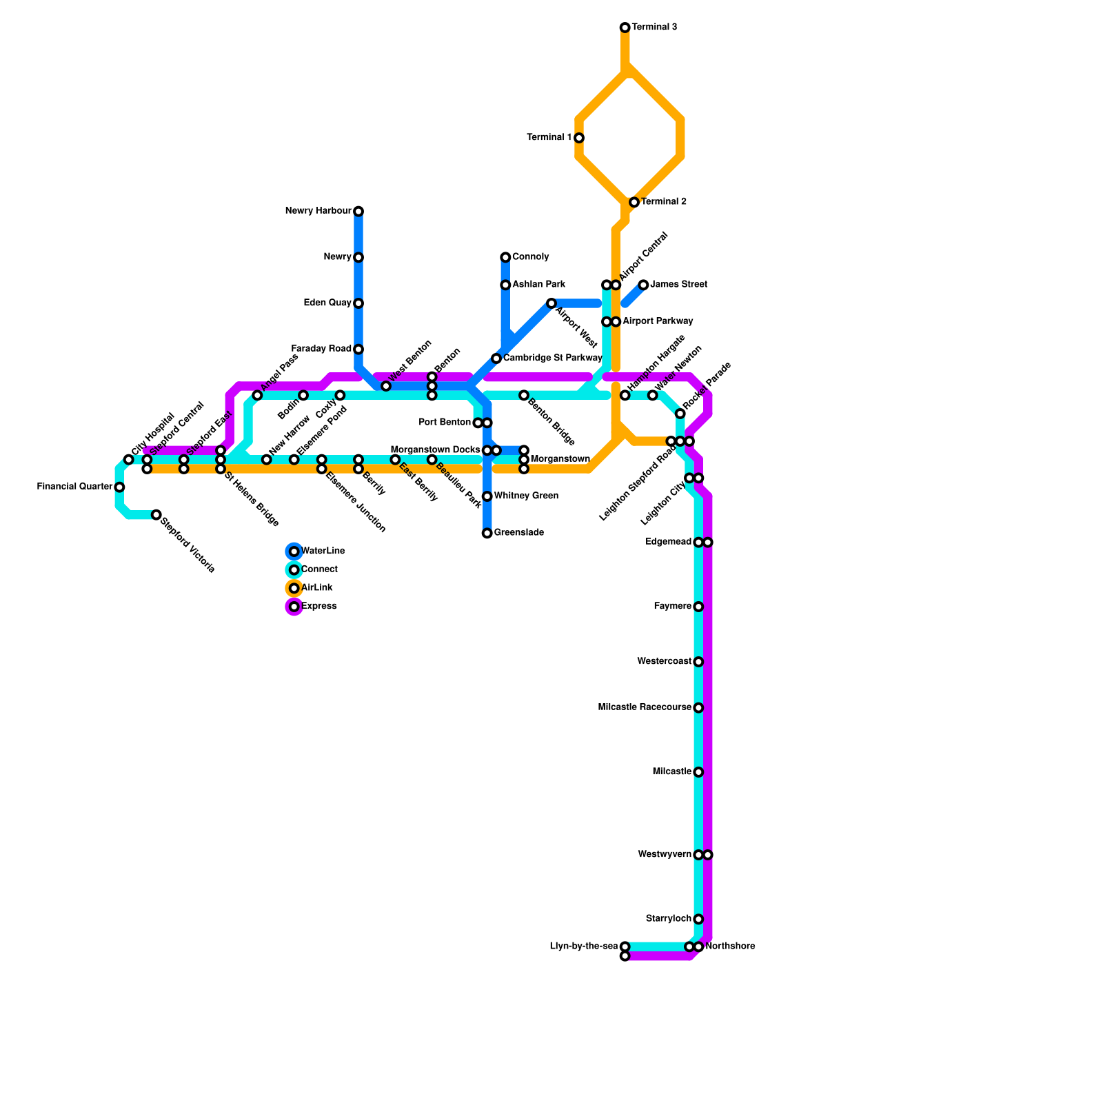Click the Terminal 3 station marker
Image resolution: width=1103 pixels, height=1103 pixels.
pos(625,28)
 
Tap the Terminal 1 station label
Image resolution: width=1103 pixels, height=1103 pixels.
pos(549,138)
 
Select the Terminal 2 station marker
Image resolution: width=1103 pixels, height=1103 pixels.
pos(634,202)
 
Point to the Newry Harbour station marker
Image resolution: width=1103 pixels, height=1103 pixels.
pos(358,211)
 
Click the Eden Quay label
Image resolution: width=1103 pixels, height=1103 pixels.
pos(327,303)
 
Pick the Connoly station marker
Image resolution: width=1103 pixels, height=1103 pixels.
pos(505,257)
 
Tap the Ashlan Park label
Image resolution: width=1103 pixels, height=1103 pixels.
pos(538,285)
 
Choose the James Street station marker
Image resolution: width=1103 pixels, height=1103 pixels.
pos(643,285)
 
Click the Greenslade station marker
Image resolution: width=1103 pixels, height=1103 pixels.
pos(487,533)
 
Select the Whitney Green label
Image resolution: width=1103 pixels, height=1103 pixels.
pos(526,496)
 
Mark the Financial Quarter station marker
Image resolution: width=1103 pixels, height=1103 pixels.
pos(119,487)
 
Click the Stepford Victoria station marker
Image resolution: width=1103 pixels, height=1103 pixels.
pos(156,515)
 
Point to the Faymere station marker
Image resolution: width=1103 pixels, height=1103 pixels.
pos(698,607)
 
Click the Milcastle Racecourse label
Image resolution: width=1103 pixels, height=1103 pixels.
pos(645,707)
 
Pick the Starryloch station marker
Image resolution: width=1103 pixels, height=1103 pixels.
pos(698,919)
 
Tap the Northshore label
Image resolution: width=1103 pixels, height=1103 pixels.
pos(730,947)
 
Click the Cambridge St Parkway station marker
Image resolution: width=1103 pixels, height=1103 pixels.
pos(496,358)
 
